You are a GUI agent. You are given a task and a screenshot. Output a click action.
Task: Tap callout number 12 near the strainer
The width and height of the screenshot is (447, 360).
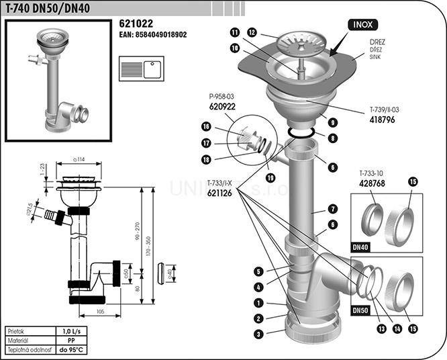tap(252, 32)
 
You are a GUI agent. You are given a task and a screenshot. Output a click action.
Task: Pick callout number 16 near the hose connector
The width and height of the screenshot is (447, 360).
tap(207, 126)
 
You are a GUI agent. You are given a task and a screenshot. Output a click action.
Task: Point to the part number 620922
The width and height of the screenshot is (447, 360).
tap(222, 107)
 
